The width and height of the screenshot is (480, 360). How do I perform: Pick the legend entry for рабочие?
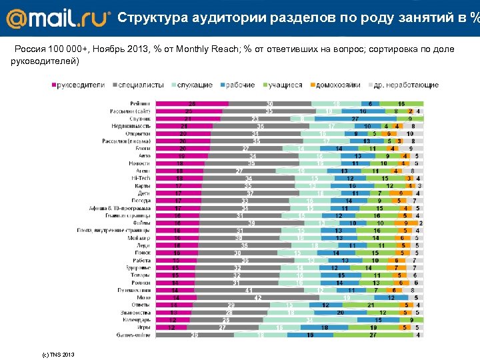tap(240, 85)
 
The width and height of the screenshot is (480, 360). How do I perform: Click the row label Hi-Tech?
tap(141, 178)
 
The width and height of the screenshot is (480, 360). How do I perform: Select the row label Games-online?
tap(135, 335)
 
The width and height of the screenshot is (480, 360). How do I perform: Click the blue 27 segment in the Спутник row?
tap(356, 119)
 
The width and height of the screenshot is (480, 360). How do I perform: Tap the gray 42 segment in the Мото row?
tap(239, 297)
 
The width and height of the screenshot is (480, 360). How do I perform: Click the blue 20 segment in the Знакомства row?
tap(339, 312)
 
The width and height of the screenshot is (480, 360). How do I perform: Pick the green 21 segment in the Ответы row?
tap(370, 305)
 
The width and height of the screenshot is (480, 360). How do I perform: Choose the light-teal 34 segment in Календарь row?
tap(309, 320)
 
